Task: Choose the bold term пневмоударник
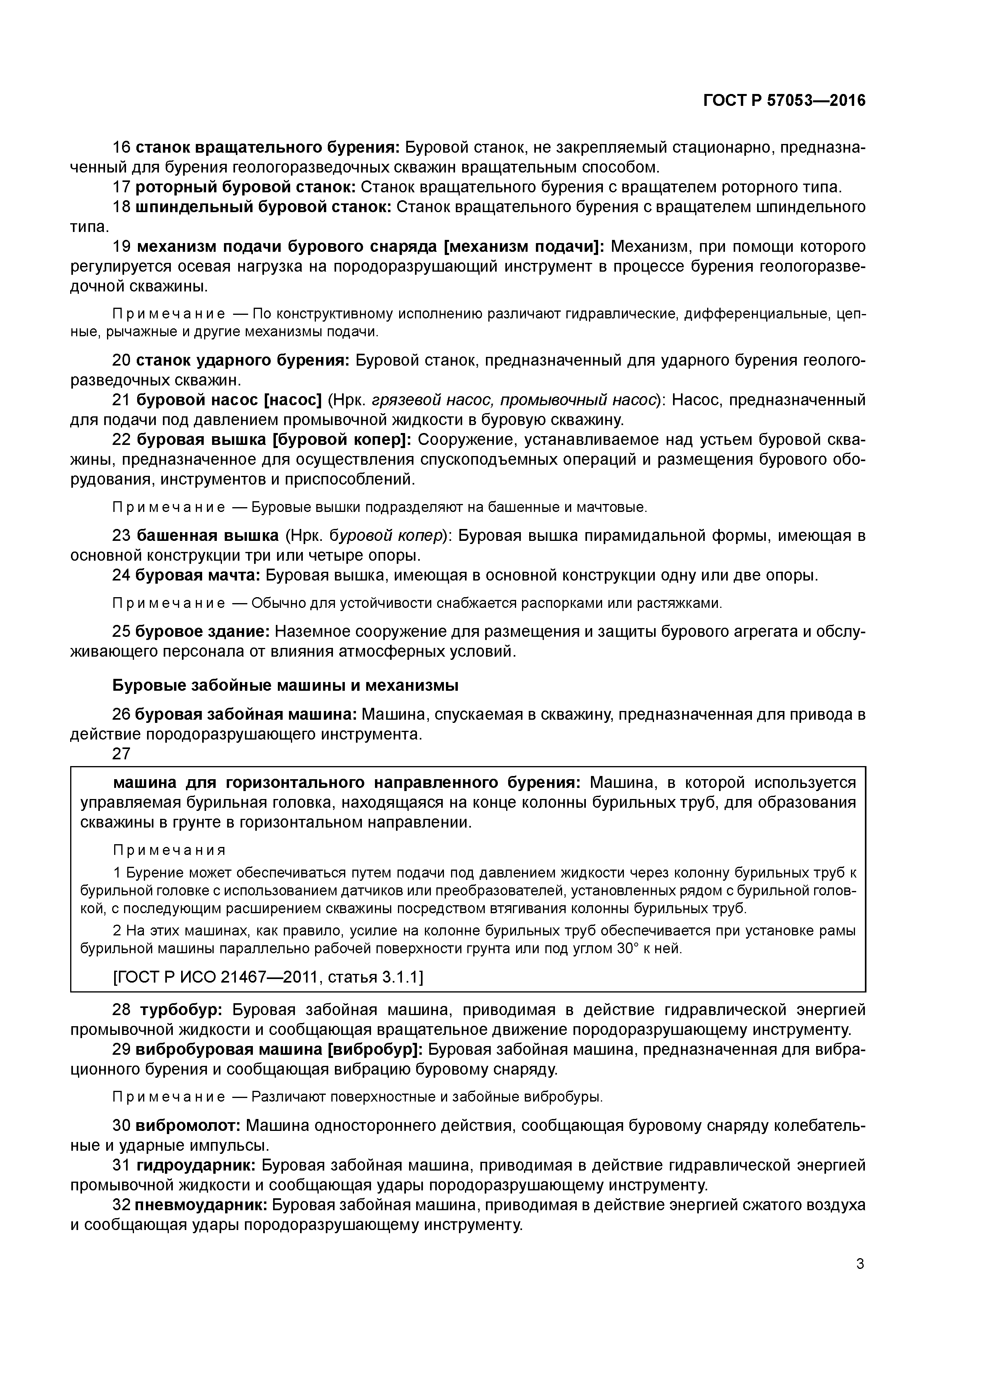coord(201,1204)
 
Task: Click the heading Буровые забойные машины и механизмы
coord(285,685)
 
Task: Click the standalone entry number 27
coord(121,754)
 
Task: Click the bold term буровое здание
coord(202,631)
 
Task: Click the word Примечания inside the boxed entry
coord(170,851)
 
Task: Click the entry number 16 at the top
coord(121,147)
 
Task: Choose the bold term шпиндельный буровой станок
coord(263,207)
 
